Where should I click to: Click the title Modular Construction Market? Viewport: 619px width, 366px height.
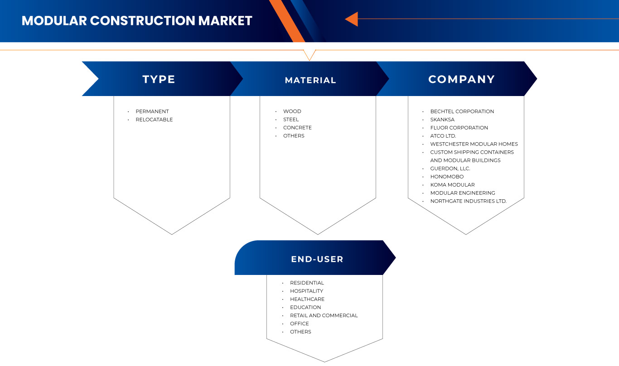coord(137,21)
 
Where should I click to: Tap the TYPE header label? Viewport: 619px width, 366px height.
coord(159,79)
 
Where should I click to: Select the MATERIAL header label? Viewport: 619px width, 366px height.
coord(310,80)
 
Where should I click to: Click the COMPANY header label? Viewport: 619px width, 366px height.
coord(461,79)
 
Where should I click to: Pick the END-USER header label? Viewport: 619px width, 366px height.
coord(317,259)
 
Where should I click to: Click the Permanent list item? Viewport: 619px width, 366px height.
coord(152,111)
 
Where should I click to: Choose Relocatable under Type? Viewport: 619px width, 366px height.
coord(154,120)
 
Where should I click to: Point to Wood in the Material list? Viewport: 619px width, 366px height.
coord(292,111)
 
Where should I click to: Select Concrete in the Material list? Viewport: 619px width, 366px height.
coord(297,128)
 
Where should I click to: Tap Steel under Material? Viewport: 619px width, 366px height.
coord(291,120)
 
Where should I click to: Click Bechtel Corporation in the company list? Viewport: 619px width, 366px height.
coord(462,111)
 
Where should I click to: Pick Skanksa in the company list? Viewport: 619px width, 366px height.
coord(442,120)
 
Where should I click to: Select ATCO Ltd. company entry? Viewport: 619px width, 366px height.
coord(443,136)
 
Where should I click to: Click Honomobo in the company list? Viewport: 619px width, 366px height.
coord(447,177)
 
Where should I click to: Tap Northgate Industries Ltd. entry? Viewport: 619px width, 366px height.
coord(468,201)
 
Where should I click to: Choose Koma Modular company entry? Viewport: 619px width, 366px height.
coord(452,185)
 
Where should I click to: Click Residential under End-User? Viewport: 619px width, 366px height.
coord(307,283)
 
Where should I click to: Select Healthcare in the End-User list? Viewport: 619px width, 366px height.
coord(307,299)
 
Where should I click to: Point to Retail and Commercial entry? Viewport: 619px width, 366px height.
coord(324,315)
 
